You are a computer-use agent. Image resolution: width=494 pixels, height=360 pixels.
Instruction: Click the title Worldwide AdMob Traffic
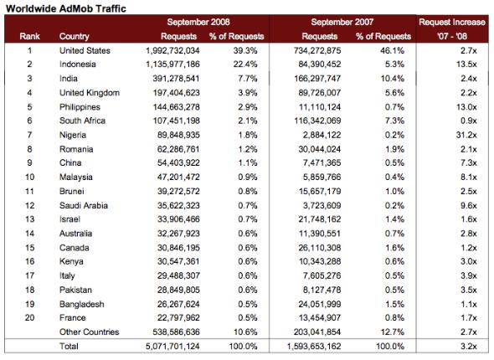coord(66,8)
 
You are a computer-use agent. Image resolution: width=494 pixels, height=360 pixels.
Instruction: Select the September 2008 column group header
coord(198,22)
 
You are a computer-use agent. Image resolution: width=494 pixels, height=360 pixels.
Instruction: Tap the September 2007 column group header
coord(342,22)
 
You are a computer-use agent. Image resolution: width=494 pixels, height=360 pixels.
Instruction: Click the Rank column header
coord(29,36)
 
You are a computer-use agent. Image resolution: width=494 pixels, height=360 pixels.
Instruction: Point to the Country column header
coord(75,37)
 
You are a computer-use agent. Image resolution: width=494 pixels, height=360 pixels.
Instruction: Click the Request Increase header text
coord(452,22)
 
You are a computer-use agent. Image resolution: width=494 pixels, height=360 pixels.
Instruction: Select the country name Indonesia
coord(78,64)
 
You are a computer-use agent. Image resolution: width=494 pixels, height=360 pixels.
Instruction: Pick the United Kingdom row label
coord(90,93)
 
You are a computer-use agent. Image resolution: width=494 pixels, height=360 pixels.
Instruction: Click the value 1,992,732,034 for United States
coord(172,51)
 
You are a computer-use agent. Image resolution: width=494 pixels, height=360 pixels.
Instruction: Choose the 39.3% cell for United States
coord(245,50)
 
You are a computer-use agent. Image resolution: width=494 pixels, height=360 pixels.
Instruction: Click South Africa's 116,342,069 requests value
coord(317,121)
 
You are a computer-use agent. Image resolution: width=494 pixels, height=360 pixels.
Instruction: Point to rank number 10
coord(29,177)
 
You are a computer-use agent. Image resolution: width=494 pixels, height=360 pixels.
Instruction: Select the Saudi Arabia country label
coord(84,206)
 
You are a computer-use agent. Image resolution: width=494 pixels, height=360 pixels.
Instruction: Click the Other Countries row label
coord(89,332)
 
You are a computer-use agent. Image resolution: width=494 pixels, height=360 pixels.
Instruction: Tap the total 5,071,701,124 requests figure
coord(172,347)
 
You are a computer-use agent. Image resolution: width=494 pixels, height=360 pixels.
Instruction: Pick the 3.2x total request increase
coord(469,346)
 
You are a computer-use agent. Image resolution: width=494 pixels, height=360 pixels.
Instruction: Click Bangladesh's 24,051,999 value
coord(320,305)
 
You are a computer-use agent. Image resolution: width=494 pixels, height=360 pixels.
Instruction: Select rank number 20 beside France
coord(29,318)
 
